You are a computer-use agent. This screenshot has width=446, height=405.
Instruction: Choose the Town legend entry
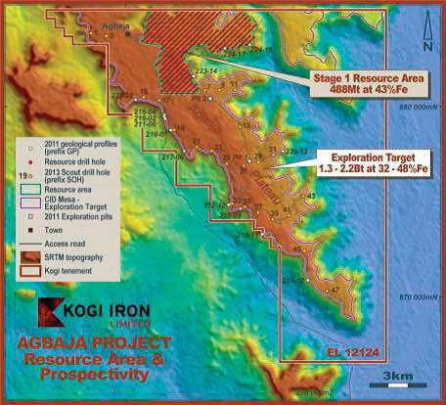(x=53, y=227)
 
